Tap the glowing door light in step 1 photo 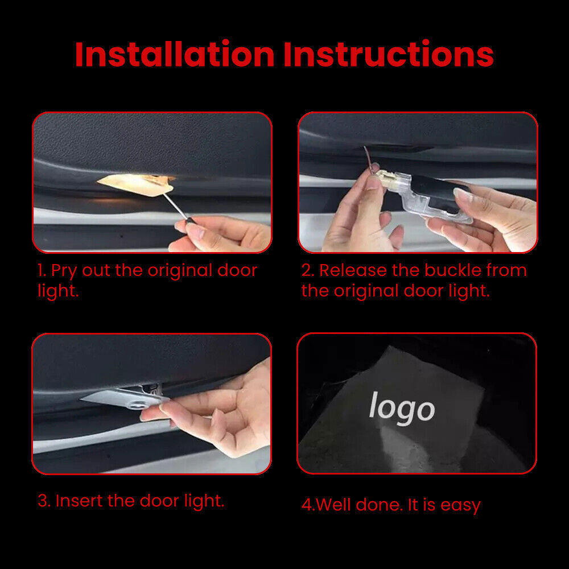pyautogui.click(x=134, y=185)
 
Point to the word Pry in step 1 pyautogui.click(x=64, y=271)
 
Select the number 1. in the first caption pyautogui.click(x=42, y=271)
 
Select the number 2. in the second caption pyautogui.click(x=307, y=271)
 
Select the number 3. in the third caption pyautogui.click(x=44, y=501)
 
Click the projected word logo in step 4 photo pyautogui.click(x=402, y=407)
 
